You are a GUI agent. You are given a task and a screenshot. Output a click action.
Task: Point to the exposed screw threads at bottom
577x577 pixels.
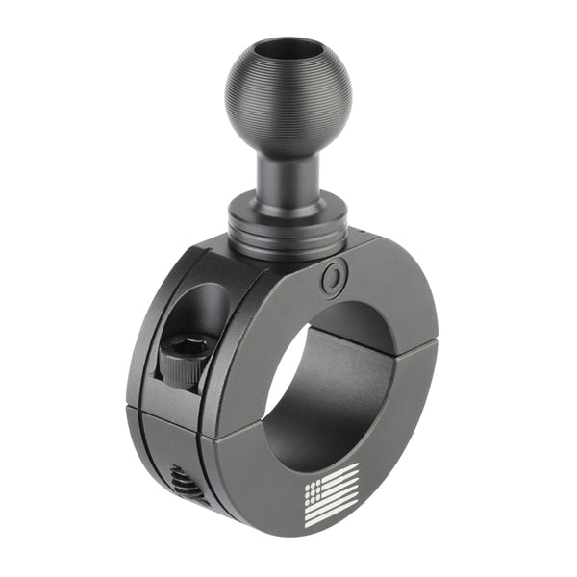(x=188, y=481)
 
